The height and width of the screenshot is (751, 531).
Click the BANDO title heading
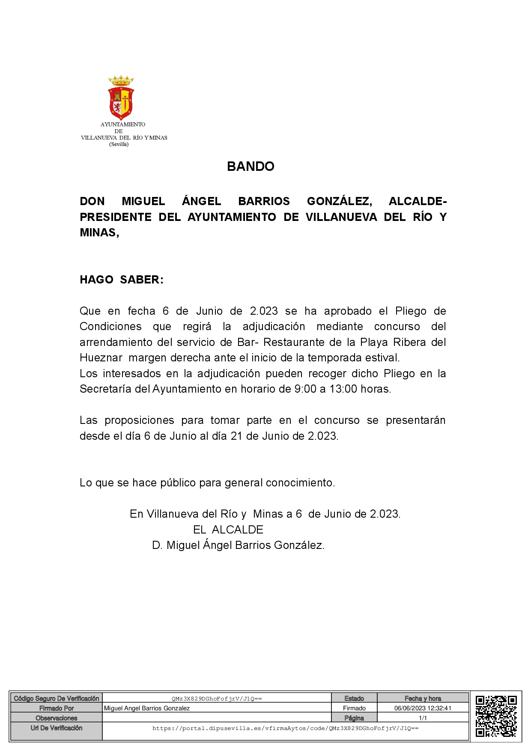click(251, 166)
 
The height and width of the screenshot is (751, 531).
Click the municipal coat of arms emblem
click(121, 98)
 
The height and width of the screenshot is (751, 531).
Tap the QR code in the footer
click(496, 716)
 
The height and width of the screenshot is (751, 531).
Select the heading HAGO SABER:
click(122, 280)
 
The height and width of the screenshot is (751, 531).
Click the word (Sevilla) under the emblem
click(119, 144)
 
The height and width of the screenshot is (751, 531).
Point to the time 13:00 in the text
click(343, 389)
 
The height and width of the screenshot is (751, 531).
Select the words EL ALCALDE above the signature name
click(228, 530)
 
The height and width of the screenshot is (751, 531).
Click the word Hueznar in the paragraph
click(101, 358)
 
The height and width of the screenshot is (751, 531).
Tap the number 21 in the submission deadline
click(237, 436)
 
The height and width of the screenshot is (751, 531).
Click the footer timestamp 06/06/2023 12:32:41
click(423, 708)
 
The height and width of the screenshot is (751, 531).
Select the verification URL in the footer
click(285, 728)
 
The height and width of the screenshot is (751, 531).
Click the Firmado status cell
click(354, 708)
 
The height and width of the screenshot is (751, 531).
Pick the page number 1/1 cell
click(423, 718)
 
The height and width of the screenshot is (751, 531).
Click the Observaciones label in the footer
click(57, 718)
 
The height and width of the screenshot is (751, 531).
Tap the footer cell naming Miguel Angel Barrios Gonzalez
click(147, 708)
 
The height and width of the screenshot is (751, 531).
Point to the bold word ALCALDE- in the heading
click(418, 201)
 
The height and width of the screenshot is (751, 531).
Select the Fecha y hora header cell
click(423, 698)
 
